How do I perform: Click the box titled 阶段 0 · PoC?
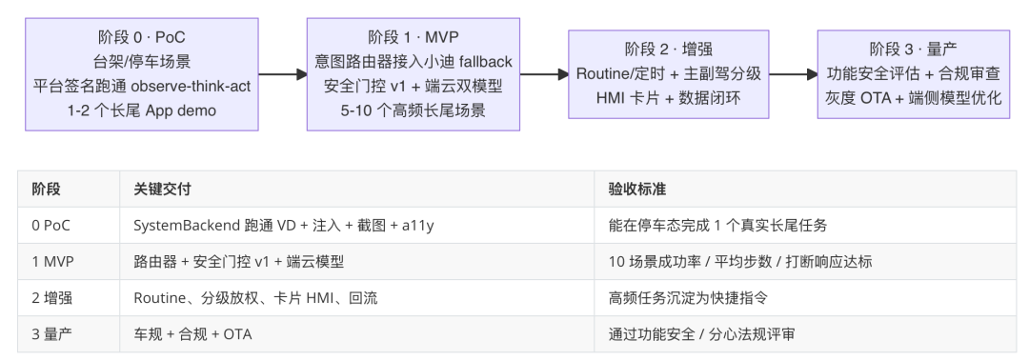point(142,74)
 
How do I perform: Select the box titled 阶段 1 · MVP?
point(414,74)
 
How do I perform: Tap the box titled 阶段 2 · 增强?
point(669,74)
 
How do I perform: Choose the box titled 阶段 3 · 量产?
point(914,74)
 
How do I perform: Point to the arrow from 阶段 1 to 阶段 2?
point(544,74)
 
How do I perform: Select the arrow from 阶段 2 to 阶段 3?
point(794,74)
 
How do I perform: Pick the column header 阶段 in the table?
point(47,190)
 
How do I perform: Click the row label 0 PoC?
point(51,226)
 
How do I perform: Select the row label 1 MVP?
point(53,262)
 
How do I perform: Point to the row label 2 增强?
point(52,298)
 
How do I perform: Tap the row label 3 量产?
point(52,334)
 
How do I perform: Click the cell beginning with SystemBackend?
point(284,226)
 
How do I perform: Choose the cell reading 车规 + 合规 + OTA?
point(192,334)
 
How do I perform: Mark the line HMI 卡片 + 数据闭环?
point(669,98)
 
